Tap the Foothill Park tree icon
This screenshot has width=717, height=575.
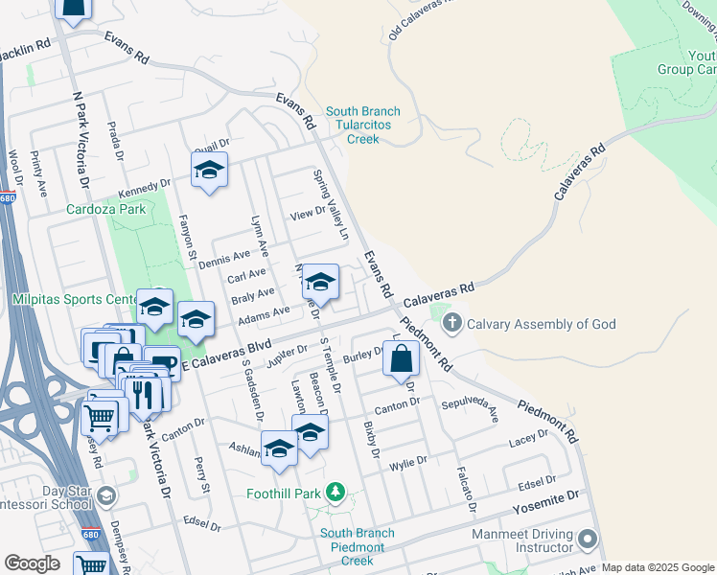(x=335, y=494)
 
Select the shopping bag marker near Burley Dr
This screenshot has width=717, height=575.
(x=402, y=360)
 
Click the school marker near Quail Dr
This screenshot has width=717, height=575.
(x=208, y=171)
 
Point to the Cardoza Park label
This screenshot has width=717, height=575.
(x=104, y=209)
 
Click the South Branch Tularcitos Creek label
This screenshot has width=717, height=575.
(x=362, y=126)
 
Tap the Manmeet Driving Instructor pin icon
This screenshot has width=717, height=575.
(x=588, y=540)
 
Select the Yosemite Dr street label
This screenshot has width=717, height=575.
(x=546, y=497)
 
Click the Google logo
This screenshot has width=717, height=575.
(x=31, y=563)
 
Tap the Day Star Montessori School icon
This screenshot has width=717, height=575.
(x=105, y=495)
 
